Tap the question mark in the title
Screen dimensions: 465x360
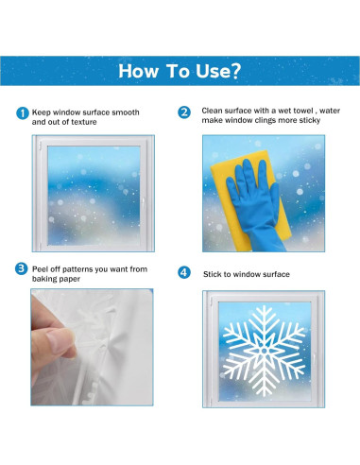(x=236, y=71)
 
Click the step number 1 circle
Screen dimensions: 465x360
(x=23, y=113)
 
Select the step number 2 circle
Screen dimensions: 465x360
(x=184, y=112)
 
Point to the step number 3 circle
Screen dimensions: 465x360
(x=23, y=269)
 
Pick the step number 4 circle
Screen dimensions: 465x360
(x=184, y=273)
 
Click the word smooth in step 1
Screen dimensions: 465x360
(x=124, y=112)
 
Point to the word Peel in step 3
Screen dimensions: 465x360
(x=42, y=269)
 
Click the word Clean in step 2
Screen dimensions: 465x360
(x=214, y=111)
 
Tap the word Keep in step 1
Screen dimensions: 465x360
(x=43, y=112)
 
